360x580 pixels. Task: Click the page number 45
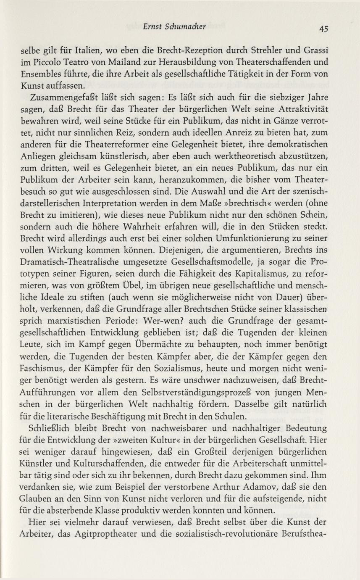[323, 28]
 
